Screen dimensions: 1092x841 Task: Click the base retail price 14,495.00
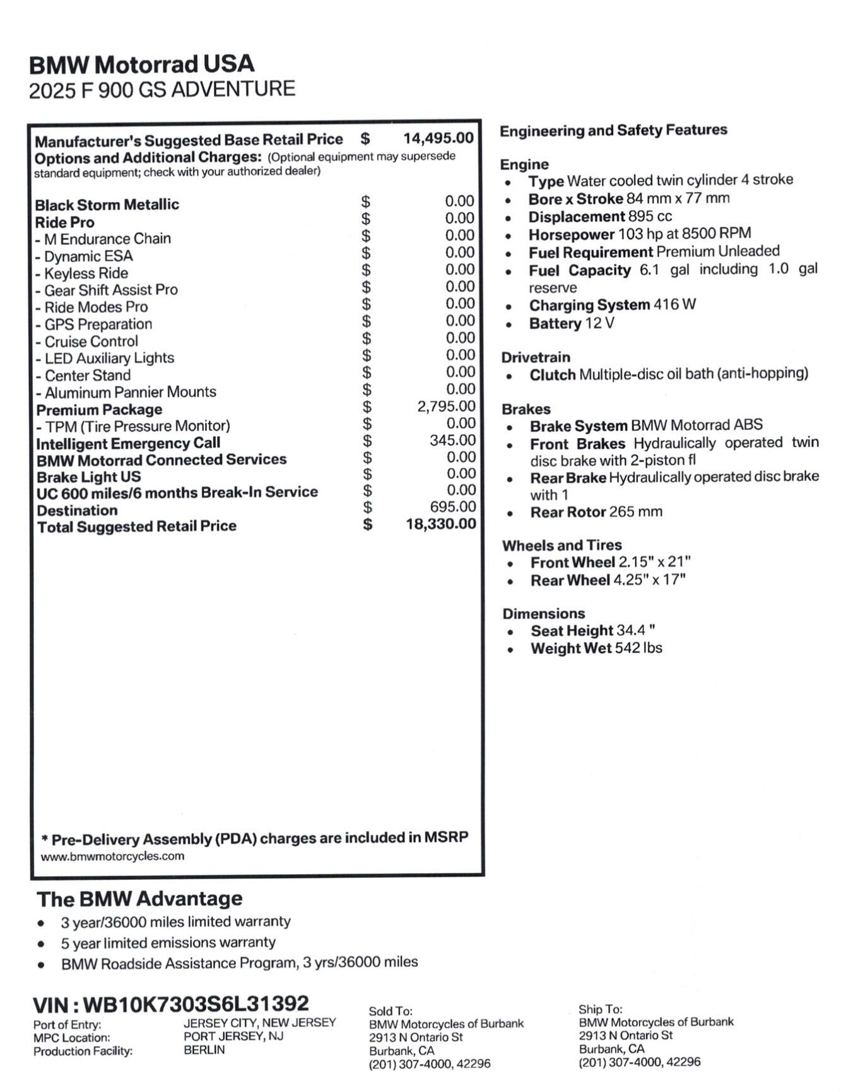438,138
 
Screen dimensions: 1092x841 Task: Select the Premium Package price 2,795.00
446,407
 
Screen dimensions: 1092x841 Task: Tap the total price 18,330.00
440,524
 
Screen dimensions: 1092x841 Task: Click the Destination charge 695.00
452,507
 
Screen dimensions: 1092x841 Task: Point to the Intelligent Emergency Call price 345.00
452,440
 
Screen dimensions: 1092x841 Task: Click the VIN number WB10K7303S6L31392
196,1004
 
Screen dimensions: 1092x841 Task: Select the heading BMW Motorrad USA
142,64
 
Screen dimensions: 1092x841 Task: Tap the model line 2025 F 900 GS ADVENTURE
162,90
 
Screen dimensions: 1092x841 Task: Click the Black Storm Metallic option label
107,205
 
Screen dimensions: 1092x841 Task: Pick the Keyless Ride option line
81,273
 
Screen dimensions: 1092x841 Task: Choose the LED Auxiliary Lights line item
104,358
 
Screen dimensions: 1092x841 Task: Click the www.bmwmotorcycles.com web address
112,857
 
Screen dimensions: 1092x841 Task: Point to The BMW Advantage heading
139,898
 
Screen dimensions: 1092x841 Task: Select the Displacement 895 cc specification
600,217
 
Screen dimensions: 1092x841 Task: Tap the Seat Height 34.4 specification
592,631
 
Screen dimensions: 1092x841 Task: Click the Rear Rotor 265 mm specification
596,512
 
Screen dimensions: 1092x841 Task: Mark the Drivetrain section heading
536,357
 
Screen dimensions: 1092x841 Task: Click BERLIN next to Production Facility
204,1050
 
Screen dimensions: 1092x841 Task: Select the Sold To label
391,1011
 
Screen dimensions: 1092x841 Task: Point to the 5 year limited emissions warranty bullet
168,942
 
